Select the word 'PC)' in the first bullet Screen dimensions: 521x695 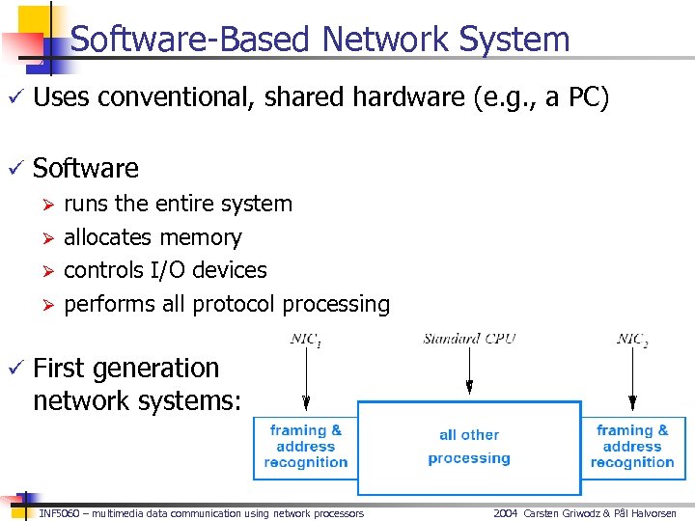click(589, 97)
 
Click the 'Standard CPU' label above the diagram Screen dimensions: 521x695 click(469, 339)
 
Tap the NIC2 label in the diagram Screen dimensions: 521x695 click(633, 340)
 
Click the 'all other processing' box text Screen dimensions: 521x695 click(469, 447)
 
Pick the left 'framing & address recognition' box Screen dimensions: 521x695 click(305, 447)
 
